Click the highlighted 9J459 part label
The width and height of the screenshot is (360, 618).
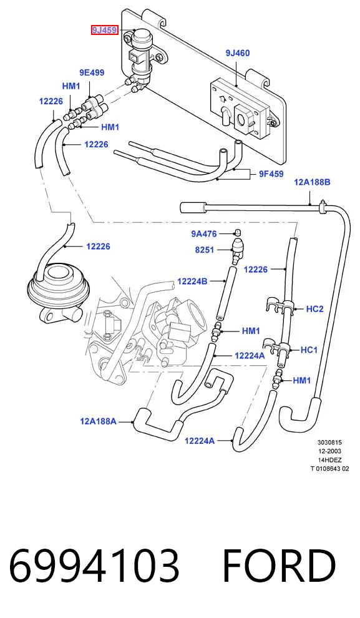[x=105, y=30]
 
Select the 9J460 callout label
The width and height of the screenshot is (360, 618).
[x=238, y=53]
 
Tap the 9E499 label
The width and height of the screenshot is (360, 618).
[x=92, y=72]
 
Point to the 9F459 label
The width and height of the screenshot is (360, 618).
[x=271, y=174]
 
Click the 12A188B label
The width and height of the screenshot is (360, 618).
[x=313, y=182]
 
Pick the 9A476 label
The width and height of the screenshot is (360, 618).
[x=204, y=234]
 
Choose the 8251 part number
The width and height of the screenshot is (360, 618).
[x=205, y=250]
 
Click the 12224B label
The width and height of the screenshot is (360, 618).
[x=192, y=282]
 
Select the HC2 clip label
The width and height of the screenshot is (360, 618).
[x=314, y=309]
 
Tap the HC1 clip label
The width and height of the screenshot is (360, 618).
[x=309, y=350]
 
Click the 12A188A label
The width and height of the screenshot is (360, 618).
[x=98, y=421]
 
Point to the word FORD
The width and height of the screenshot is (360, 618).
[x=279, y=566]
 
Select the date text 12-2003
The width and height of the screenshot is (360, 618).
[x=330, y=451]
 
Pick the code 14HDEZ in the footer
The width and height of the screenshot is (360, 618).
[x=330, y=460]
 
